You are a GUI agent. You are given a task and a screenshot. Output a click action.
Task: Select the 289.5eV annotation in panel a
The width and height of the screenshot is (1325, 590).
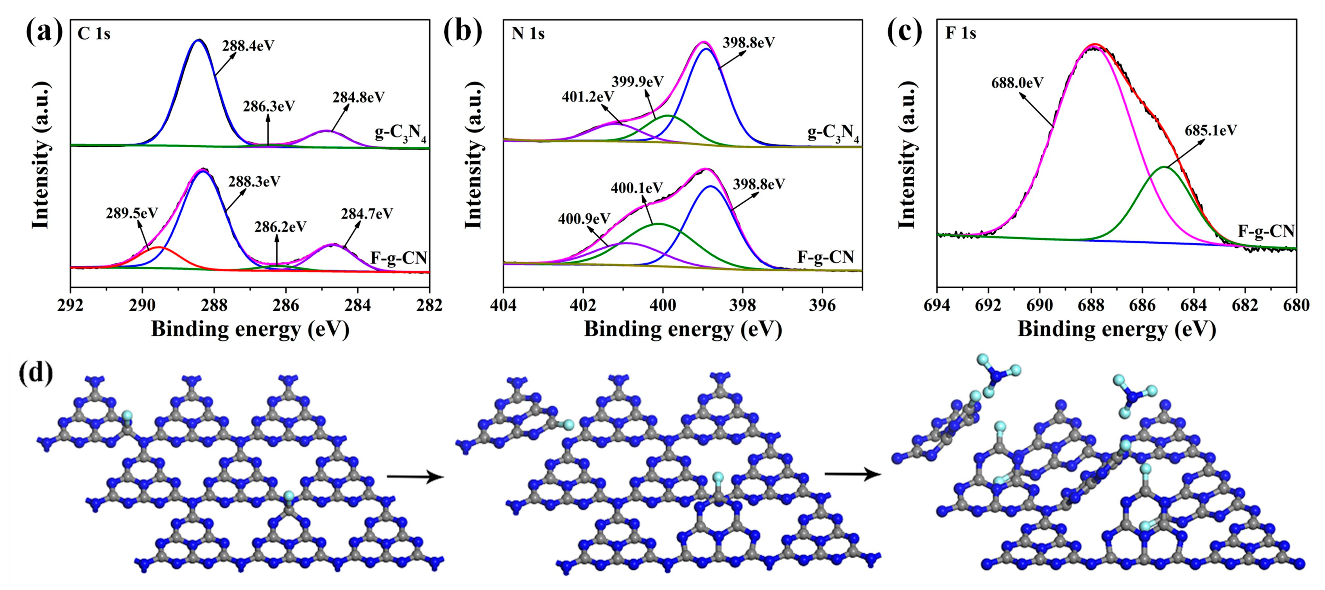(x=132, y=213)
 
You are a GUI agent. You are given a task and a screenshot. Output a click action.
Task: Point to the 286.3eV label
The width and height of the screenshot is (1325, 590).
(x=269, y=106)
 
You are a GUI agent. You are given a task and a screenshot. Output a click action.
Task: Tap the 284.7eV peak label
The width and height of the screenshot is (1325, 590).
(x=367, y=213)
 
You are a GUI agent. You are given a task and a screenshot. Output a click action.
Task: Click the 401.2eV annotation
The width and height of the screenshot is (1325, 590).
(x=587, y=96)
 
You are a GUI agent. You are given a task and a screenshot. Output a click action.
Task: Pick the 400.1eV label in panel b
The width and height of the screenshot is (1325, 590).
(x=637, y=188)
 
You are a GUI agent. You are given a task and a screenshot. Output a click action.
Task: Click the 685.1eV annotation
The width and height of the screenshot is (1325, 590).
(x=1210, y=131)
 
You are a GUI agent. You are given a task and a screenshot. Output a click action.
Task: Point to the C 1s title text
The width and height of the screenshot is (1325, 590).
(x=94, y=34)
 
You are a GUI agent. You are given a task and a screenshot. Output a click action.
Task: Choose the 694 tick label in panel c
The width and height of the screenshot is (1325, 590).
(x=937, y=306)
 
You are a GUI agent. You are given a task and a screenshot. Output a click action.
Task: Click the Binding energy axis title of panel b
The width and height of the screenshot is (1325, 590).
(x=683, y=329)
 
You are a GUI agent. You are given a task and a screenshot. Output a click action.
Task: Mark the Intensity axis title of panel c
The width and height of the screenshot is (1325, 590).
(x=907, y=154)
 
